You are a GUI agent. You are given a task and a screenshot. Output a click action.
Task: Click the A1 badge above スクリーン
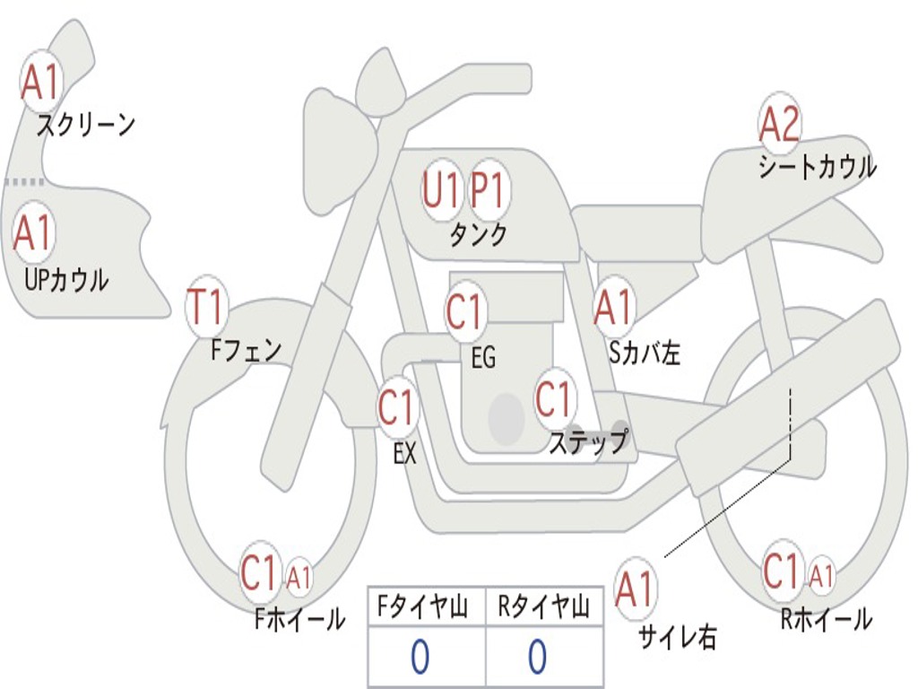click(40, 83)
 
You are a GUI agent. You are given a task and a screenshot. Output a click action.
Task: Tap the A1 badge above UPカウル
click(34, 233)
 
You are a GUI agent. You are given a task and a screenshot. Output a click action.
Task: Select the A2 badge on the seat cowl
click(779, 125)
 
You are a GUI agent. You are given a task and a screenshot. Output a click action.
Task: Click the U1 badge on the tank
click(441, 190)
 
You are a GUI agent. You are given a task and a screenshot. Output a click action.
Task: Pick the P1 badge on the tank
click(489, 190)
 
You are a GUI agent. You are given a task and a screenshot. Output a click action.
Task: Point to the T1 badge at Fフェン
click(205, 308)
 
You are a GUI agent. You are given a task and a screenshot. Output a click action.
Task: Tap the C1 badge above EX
click(397, 408)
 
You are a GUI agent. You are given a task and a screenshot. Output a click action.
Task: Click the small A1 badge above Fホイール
click(299, 577)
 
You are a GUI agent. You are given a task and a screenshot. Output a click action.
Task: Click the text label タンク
click(479, 235)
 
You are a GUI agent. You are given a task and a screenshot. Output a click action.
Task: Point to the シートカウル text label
click(817, 167)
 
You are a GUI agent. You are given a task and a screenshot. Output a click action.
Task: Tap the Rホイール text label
click(826, 619)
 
